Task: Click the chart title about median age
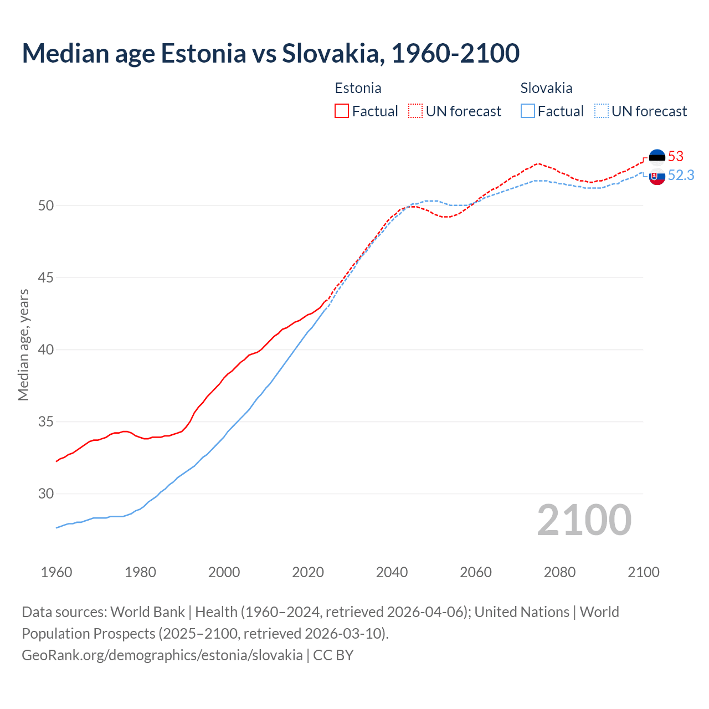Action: coord(270,53)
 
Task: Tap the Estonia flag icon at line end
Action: coord(657,157)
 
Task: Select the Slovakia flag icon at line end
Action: coord(657,177)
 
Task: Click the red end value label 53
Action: coord(676,156)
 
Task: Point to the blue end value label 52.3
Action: coord(681,175)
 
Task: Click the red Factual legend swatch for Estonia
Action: coord(342,111)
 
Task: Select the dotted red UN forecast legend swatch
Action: coord(415,111)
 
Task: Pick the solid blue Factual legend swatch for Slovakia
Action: coord(528,111)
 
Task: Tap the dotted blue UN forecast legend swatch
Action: coord(602,111)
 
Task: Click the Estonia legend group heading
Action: coord(358,88)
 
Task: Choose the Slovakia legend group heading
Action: coord(546,88)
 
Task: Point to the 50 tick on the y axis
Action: coord(46,205)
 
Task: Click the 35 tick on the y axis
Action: coord(46,422)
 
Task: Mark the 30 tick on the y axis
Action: coord(46,494)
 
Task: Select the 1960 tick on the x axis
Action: coord(56,572)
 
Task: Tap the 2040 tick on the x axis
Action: coord(392,572)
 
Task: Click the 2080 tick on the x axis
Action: coord(559,572)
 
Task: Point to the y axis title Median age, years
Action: coord(23,345)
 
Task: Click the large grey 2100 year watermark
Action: coord(584,520)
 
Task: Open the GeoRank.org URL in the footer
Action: coord(162,655)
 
